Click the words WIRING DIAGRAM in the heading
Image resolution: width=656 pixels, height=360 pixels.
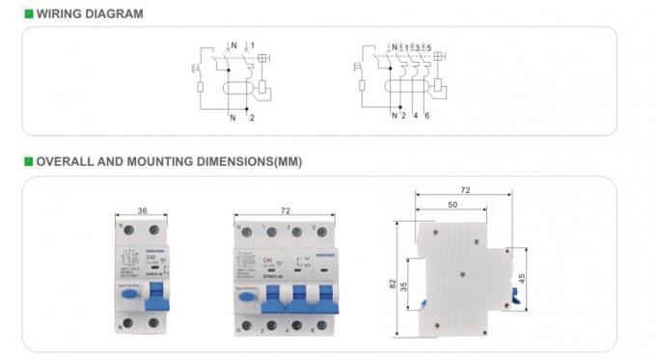pos(89,14)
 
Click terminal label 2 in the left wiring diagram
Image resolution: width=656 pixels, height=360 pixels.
pos(252,117)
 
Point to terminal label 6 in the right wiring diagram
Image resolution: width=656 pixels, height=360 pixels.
pos(425,117)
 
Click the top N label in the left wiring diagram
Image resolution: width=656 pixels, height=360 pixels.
pos(234,45)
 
